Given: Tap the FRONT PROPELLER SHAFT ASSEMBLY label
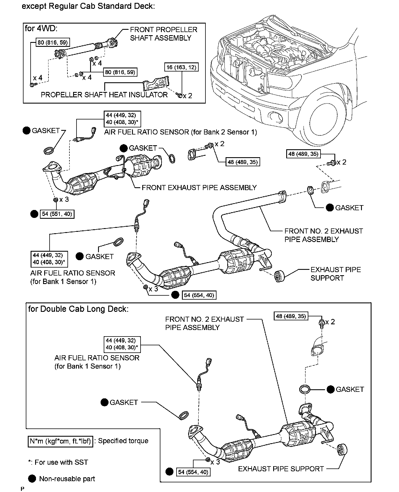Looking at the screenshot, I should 163,34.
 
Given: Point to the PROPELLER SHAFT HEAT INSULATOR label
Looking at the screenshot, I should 104,95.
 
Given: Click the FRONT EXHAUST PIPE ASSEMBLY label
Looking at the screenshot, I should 199,188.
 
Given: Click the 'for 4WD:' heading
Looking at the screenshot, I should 41,28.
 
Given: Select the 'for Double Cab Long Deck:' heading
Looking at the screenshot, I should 78,309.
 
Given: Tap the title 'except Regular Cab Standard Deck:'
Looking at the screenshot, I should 88,6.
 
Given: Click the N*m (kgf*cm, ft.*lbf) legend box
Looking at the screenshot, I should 60,441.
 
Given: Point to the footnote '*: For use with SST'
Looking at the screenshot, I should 58,462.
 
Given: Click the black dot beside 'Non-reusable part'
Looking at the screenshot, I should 32,479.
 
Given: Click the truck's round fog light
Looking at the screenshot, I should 275,116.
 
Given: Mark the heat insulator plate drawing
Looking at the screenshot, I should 156,83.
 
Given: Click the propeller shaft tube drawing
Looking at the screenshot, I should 81,49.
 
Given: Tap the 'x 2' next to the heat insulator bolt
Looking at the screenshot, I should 188,96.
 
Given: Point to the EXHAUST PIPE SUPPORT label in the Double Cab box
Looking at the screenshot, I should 281,469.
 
